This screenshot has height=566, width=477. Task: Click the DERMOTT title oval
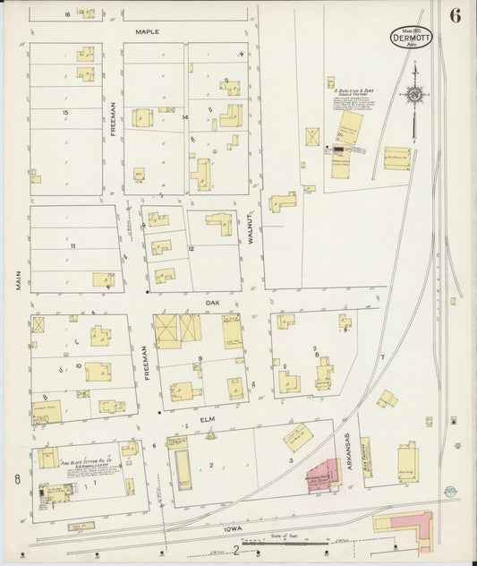pyautogui.click(x=411, y=39)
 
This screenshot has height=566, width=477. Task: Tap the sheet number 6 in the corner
pyautogui.click(x=456, y=16)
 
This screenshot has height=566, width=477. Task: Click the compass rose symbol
pyautogui.click(x=414, y=93)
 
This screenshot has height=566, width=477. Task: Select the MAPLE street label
pyautogui.click(x=147, y=31)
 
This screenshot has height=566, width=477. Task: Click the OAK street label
pyautogui.click(x=212, y=303)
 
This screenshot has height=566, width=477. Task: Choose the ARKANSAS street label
pyautogui.click(x=347, y=453)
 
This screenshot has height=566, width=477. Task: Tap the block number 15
pyautogui.click(x=65, y=112)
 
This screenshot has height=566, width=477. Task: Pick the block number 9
pyautogui.click(x=200, y=359)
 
